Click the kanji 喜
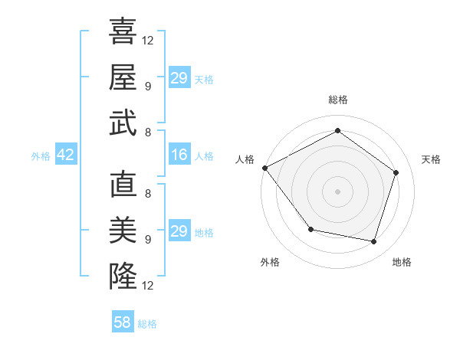pyautogui.click(x=123, y=32)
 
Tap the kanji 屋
pyautogui.click(x=123, y=77)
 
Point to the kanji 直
pyautogui.click(x=123, y=186)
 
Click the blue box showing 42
pyautogui.click(x=66, y=155)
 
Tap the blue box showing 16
pyautogui.click(x=179, y=155)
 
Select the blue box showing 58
pyautogui.click(x=123, y=322)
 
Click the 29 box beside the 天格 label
pyautogui.click(x=179, y=78)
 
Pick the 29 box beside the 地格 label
pyautogui.click(x=179, y=231)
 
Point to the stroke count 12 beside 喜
pyautogui.click(x=149, y=40)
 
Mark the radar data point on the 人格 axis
pyautogui.click(x=264, y=168)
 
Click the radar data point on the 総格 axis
pyautogui.click(x=337, y=131)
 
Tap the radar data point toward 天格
pyautogui.click(x=396, y=172)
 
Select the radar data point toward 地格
pyautogui.click(x=373, y=241)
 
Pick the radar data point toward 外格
pyautogui.click(x=310, y=229)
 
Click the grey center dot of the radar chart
pyautogui.click(x=337, y=191)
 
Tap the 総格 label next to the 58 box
pyautogui.click(x=147, y=324)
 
